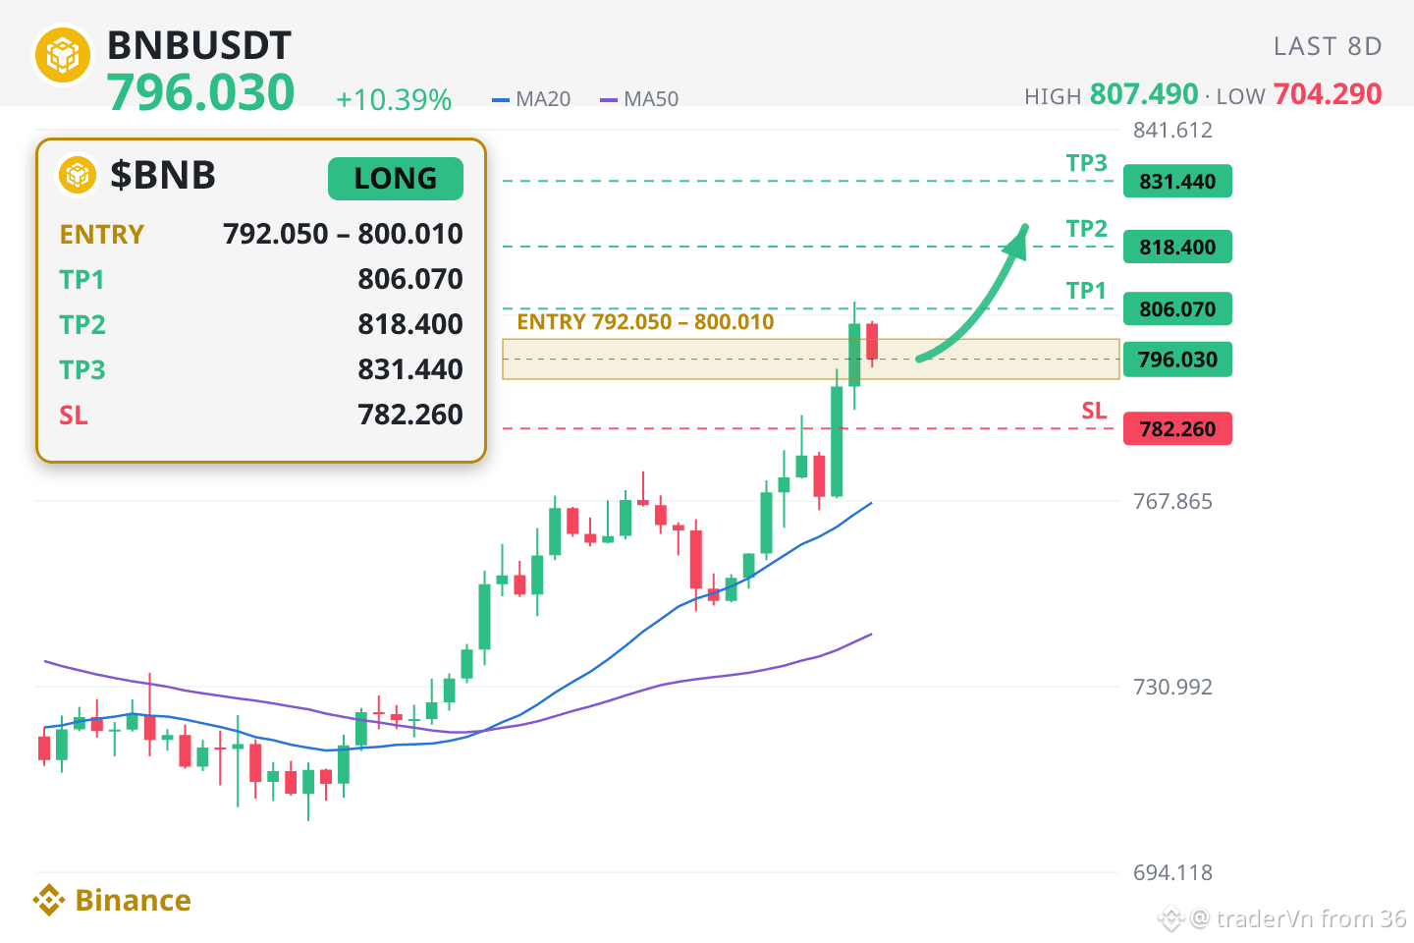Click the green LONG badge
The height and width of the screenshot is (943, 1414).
coord(395,179)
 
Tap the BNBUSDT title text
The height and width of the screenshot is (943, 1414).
coord(198,45)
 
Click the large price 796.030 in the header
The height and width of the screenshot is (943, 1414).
coord(200,92)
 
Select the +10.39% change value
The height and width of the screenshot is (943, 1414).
coord(394,100)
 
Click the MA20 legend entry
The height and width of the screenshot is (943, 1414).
coord(531,99)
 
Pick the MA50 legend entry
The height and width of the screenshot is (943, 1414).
coord(639,99)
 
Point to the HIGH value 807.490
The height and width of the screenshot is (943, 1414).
coord(1144,94)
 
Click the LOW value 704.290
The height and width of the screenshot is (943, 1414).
coord(1328,94)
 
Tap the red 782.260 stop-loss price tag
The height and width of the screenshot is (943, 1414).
coord(1177,429)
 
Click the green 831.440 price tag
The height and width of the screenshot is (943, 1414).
coord(1177,182)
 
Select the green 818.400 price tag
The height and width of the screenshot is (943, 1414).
coord(1177,247)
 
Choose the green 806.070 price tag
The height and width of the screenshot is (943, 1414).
coord(1177,308)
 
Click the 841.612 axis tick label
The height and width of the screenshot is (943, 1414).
coord(1172,130)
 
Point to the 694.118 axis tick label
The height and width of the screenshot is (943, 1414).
coord(1172,872)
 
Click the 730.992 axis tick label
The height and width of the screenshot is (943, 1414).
coord(1172,687)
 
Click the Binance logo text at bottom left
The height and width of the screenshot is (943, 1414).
coord(133,900)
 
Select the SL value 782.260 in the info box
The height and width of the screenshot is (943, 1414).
coord(410,415)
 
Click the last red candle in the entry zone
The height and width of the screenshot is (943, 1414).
coord(872,342)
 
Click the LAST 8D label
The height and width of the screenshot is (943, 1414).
coord(1328,46)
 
